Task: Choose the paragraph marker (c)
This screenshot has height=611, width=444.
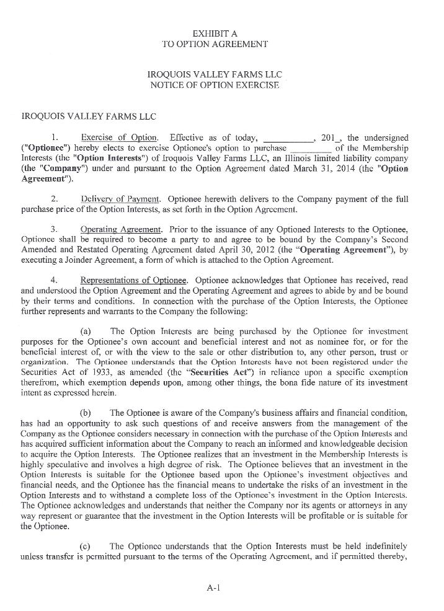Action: pos(87,546)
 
